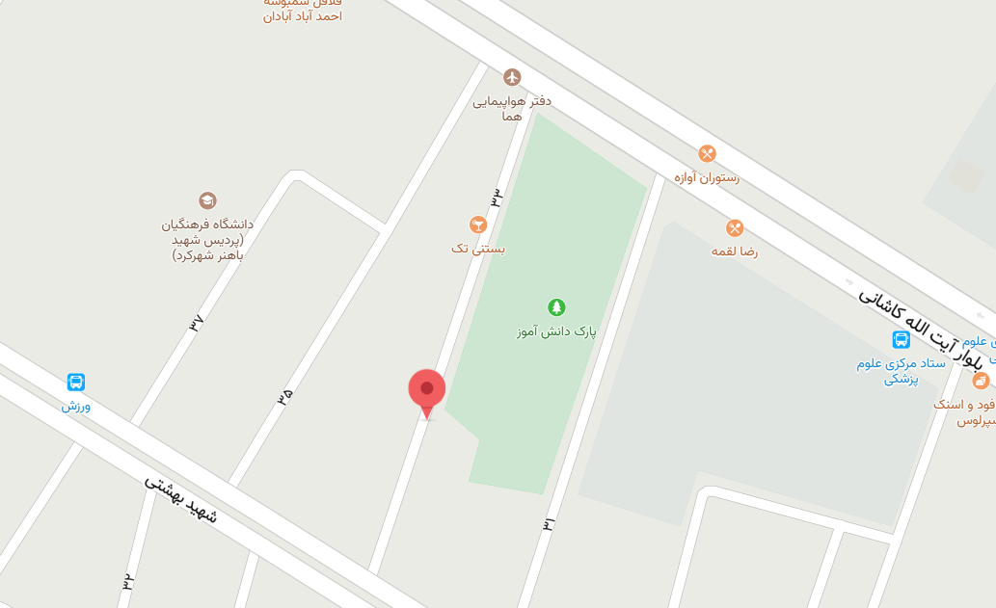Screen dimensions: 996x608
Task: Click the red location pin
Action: coord(427,390)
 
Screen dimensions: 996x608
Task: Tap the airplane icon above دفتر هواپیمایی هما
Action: coord(512,77)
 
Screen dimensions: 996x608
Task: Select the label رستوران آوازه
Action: coord(707,177)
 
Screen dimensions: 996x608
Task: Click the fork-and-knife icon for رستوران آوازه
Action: coord(707,153)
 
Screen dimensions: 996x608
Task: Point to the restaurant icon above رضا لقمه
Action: coord(735,228)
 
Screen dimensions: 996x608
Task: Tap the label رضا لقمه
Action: coord(735,251)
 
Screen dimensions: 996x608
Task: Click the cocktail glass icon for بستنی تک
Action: coord(477,225)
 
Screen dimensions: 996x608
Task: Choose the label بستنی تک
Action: coord(478,248)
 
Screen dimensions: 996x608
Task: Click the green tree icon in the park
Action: coord(556,307)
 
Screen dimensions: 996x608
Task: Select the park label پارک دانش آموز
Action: coord(556,331)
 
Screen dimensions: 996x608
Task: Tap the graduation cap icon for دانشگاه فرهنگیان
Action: coord(207,200)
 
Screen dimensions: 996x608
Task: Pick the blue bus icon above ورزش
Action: coord(76,383)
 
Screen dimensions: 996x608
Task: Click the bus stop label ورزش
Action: coord(76,406)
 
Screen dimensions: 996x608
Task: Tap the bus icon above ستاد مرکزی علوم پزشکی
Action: coord(901,339)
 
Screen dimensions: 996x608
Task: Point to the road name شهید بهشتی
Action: coord(181,498)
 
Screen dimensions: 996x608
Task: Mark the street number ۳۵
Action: coord(284,396)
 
